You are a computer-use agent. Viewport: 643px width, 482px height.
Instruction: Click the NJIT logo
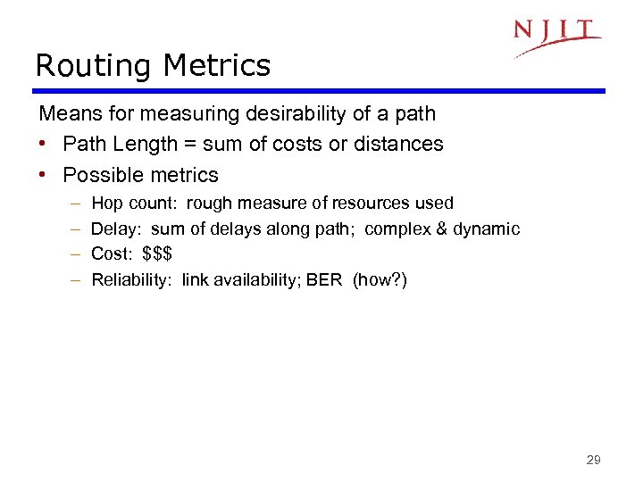click(556, 36)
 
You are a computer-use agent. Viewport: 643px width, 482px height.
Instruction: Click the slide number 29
click(593, 461)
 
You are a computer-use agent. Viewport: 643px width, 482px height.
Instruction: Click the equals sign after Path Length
click(196, 145)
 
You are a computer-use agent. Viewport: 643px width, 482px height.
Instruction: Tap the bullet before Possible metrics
click(45, 175)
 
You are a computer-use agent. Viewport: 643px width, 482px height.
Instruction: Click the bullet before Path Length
click(45, 145)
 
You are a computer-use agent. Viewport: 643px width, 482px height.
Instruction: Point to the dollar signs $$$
click(157, 254)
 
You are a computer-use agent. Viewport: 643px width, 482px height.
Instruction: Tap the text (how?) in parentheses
click(380, 280)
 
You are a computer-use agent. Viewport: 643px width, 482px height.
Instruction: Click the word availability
click(254, 280)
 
